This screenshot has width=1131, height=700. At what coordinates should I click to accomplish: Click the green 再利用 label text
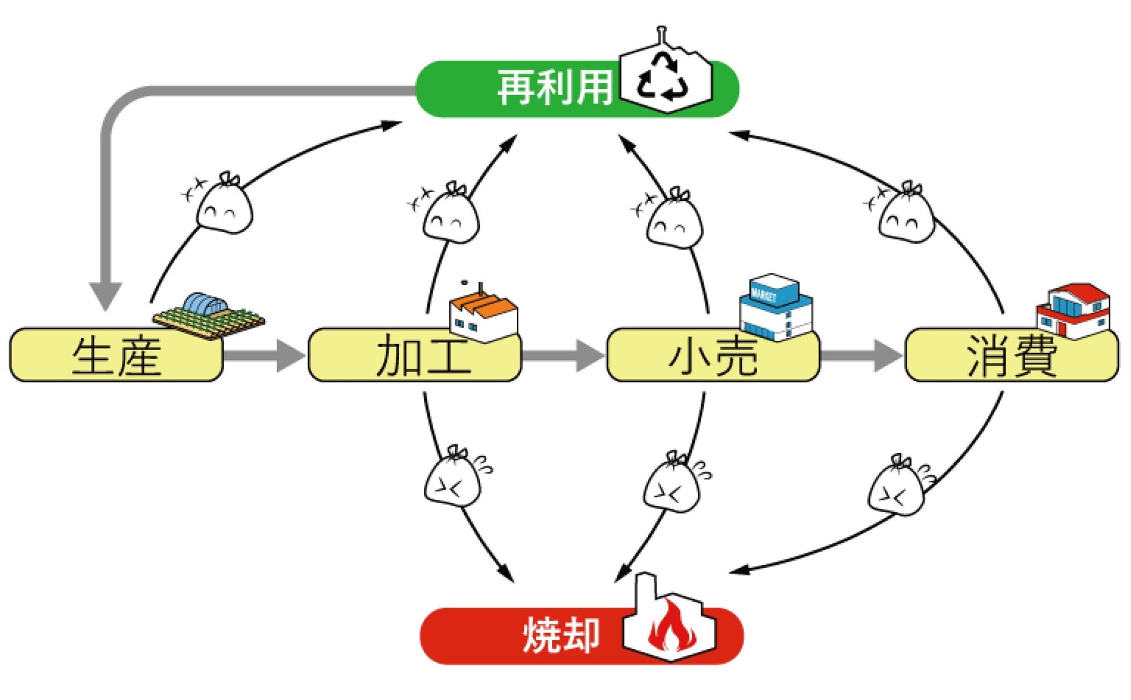tap(555, 88)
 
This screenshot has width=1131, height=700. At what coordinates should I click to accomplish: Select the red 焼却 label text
tap(561, 636)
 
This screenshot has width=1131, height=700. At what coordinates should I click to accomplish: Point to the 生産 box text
tap(116, 356)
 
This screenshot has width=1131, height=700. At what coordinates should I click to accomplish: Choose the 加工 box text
tap(423, 356)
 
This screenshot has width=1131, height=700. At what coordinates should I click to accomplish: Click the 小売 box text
tap(713, 356)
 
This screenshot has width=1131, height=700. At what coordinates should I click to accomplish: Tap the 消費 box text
tap(1012, 356)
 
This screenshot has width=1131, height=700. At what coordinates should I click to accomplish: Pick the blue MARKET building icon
tap(775, 306)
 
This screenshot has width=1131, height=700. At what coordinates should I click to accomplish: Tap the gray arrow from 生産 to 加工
tap(264, 355)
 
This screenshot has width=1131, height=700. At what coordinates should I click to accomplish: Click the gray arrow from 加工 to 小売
tap(563, 355)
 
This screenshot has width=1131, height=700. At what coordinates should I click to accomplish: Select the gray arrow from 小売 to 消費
tap(862, 355)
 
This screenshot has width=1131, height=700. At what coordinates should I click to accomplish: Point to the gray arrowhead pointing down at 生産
tap(106, 296)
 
